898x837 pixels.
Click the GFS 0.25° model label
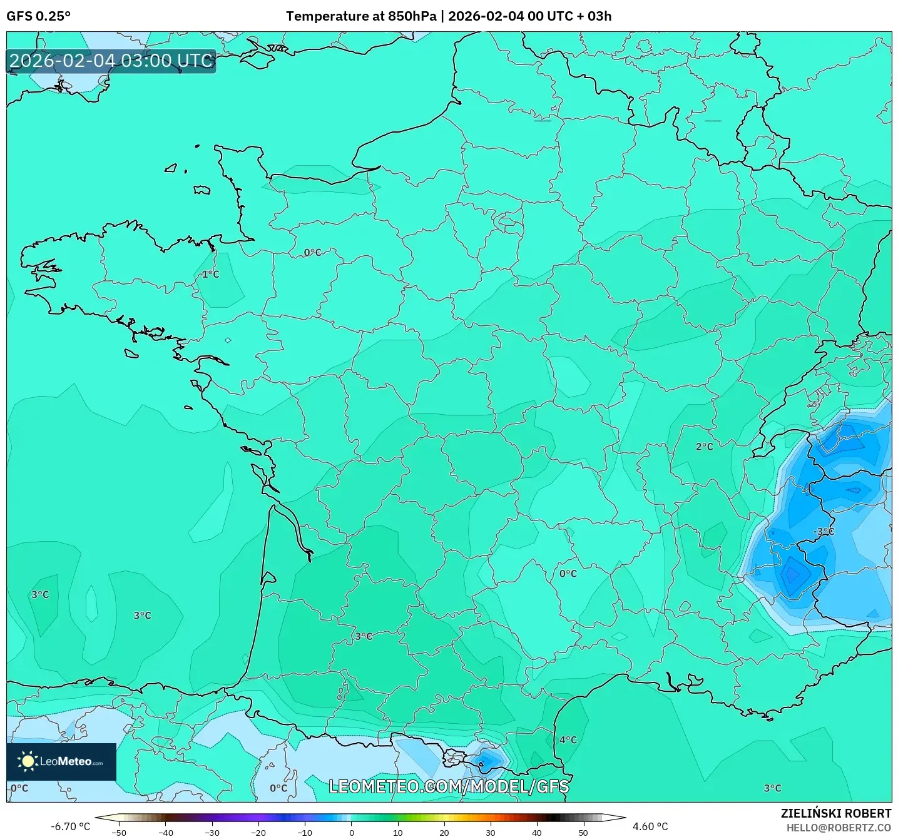[x=38, y=16]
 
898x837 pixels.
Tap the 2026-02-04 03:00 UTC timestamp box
[x=111, y=61]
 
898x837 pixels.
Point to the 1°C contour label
[x=211, y=274]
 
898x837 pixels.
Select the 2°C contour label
[x=704, y=447]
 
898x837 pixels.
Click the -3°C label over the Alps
[x=823, y=531]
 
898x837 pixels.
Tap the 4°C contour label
[x=568, y=740]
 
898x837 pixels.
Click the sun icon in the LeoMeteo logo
[x=28, y=761]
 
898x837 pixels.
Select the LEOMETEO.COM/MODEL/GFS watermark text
[x=449, y=786]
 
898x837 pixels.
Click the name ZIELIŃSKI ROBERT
[x=835, y=813]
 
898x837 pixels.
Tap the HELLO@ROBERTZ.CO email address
[x=839, y=828]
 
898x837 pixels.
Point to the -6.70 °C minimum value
[x=70, y=826]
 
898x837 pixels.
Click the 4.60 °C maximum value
[x=650, y=826]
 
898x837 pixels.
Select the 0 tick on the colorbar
[x=351, y=832]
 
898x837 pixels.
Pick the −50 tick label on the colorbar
[x=118, y=832]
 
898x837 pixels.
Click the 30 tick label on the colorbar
[x=490, y=832]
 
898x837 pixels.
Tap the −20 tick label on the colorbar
[x=258, y=832]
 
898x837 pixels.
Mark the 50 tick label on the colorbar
[x=583, y=832]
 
